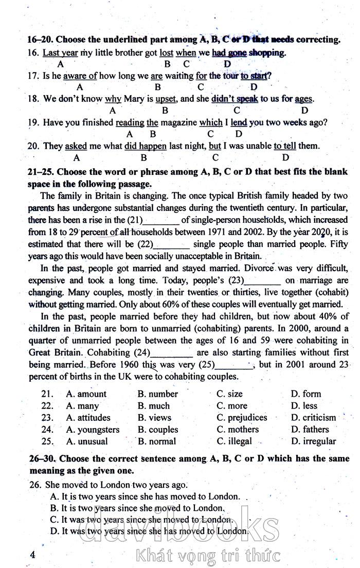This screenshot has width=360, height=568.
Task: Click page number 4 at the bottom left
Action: (33, 554)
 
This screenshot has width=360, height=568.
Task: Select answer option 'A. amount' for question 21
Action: (86, 394)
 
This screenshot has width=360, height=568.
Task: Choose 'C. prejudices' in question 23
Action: (242, 418)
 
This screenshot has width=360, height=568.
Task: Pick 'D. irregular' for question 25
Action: (313, 441)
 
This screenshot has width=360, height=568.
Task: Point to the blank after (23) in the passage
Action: (263, 281)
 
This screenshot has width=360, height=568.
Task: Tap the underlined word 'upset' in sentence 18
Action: (166, 99)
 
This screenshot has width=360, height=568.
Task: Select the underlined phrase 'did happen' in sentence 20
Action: (146, 146)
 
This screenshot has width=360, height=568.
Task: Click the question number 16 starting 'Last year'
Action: (34, 52)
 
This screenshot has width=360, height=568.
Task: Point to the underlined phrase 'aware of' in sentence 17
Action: (80, 76)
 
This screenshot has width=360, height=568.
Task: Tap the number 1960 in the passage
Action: (130, 365)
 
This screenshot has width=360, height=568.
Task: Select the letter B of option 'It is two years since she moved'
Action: (53, 508)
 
